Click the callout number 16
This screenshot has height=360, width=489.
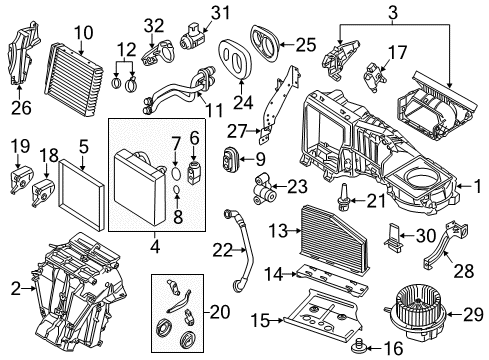393,348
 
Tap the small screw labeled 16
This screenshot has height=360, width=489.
359,346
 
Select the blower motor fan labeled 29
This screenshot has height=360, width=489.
415,311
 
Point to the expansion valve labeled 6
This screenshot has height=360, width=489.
194,169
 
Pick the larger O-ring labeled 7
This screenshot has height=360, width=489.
176,173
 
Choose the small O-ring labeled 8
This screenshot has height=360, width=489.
177,191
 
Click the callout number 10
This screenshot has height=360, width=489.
83,33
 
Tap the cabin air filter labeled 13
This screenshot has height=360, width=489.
333,238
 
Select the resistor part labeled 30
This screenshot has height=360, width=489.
393,236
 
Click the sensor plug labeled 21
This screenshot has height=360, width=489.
343,197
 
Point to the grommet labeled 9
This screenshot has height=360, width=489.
230,159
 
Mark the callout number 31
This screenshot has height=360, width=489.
220,13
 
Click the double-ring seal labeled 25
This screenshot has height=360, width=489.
264,42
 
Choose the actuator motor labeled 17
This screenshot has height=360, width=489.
374,77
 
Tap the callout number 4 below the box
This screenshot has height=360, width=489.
156,247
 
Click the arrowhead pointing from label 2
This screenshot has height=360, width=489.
34,289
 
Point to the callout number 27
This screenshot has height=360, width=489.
237,131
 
